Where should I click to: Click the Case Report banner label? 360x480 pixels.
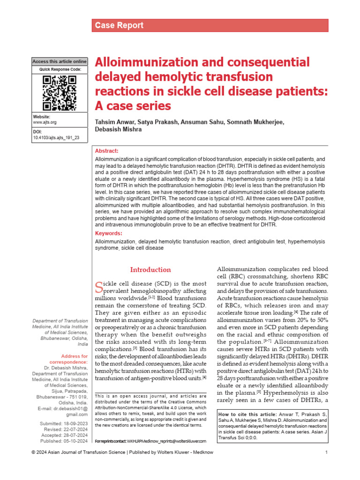click(120, 25)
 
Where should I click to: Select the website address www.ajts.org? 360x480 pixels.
click(45, 122)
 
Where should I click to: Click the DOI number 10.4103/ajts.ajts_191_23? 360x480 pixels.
click(56, 138)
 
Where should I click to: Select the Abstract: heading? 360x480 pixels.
click(107, 151)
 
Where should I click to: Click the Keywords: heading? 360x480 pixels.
click(108, 233)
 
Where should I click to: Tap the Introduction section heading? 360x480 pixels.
click(150, 270)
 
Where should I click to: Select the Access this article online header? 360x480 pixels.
click(60, 61)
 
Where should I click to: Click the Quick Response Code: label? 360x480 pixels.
click(60, 69)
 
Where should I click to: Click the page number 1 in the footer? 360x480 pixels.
click(326, 465)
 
